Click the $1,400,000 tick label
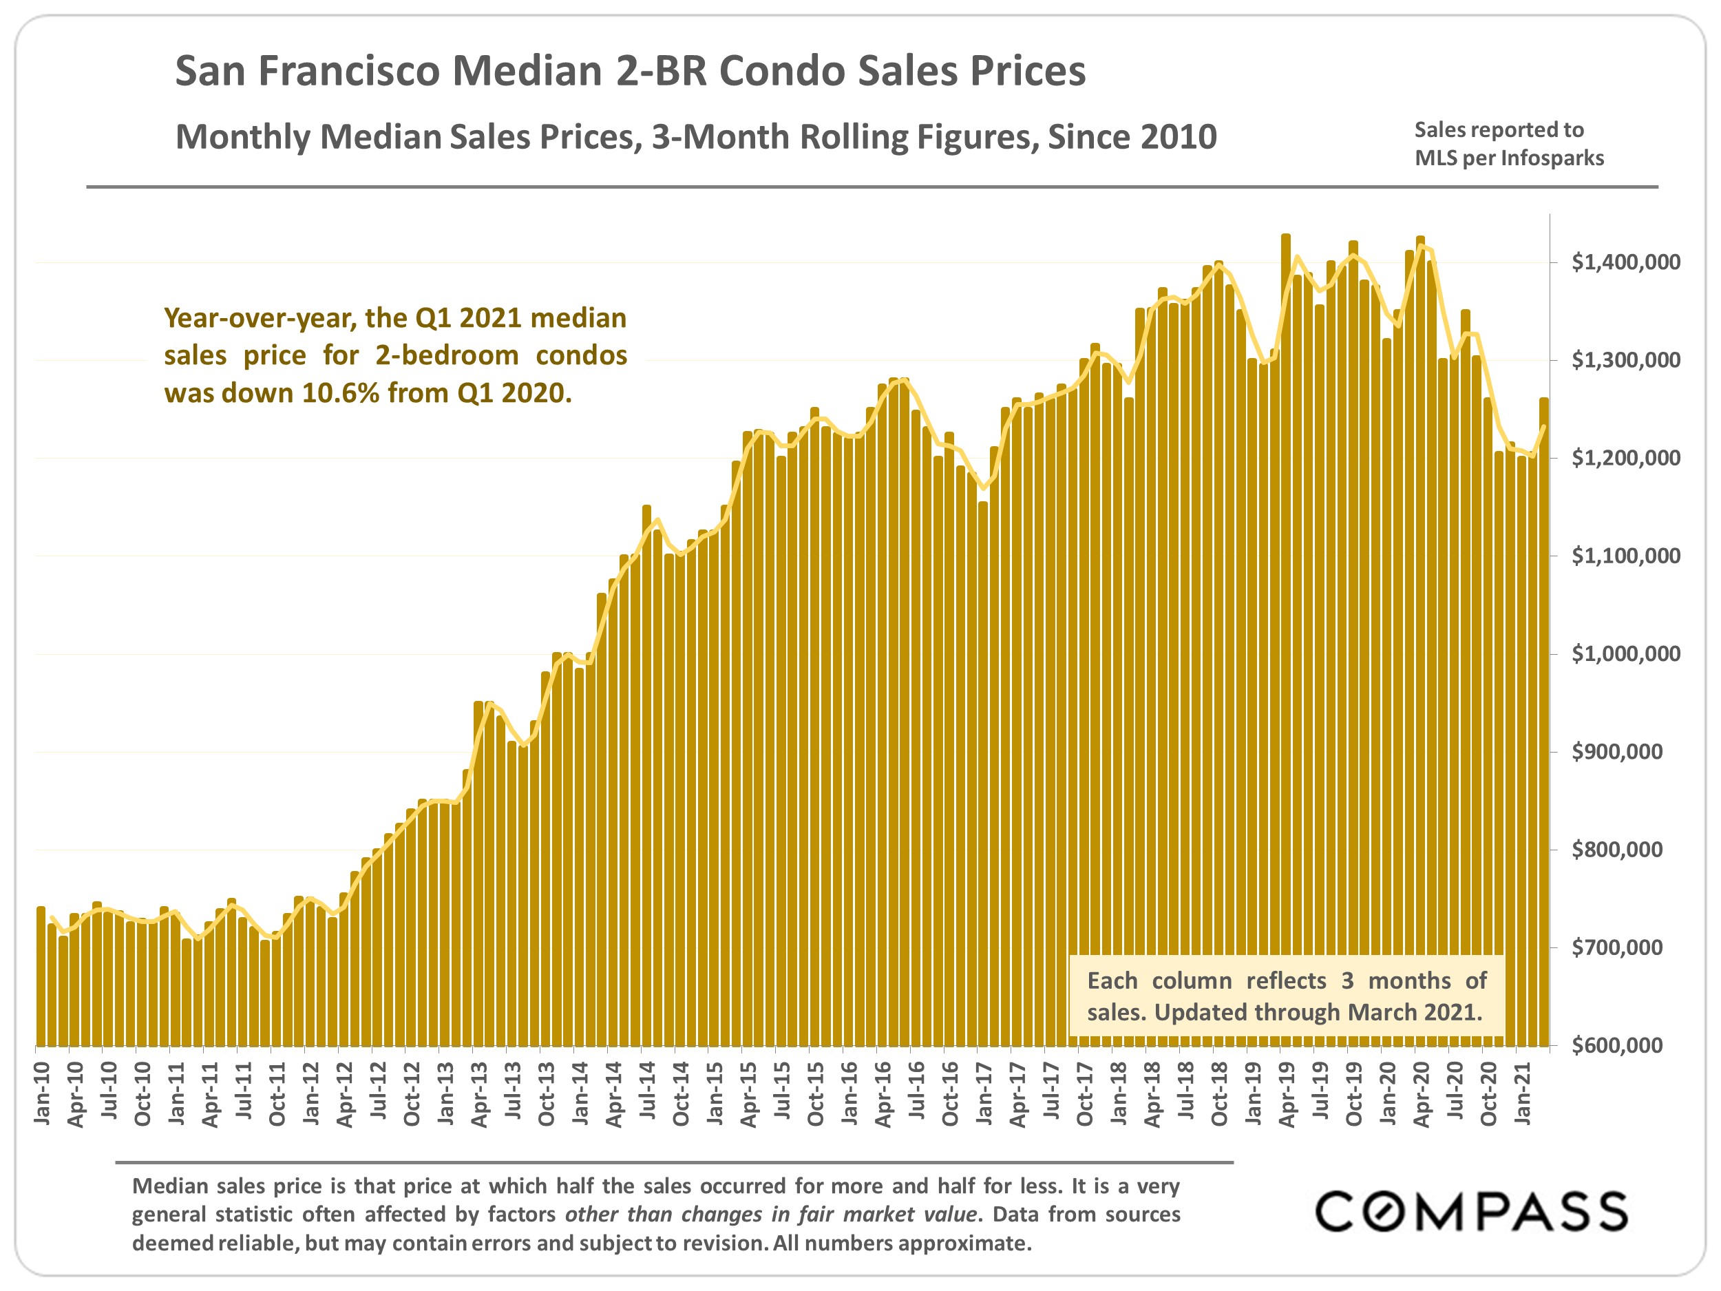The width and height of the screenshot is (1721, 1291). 1625,262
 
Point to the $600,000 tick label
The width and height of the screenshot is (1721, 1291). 1625,1045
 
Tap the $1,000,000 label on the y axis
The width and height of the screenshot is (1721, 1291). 1625,653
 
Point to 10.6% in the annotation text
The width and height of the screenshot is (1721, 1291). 341,393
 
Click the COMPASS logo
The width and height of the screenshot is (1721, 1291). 1470,1211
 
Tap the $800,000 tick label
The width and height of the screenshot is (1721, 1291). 1625,850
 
